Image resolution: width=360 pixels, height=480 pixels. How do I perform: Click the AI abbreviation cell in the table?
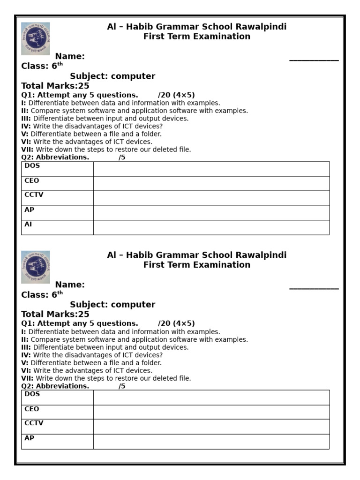(x=57, y=227)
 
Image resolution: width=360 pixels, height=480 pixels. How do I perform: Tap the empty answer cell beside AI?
(x=211, y=227)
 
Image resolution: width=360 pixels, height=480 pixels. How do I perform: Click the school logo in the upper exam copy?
(x=36, y=38)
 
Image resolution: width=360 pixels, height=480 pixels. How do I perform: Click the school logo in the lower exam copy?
(x=36, y=267)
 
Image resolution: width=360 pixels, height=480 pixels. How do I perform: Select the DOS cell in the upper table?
(x=57, y=169)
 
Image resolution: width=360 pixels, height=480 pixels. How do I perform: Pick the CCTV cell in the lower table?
(x=57, y=426)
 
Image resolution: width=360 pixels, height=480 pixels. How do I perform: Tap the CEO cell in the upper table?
(x=57, y=183)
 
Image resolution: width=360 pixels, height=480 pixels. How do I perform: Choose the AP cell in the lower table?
(x=57, y=441)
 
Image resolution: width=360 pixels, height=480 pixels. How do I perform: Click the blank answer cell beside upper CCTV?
(x=211, y=198)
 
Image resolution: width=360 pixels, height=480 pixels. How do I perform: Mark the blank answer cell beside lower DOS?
(x=211, y=397)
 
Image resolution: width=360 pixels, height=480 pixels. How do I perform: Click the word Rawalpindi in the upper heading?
(x=262, y=27)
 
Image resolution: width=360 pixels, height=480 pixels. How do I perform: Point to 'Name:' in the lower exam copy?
(x=70, y=285)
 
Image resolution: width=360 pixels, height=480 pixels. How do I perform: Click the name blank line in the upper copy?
(x=314, y=59)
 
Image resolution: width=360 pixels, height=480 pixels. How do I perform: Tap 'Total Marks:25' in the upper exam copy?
(x=55, y=86)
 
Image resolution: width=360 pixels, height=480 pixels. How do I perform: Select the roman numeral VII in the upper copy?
(x=27, y=150)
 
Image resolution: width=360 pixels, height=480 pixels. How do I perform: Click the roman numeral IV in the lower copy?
(x=26, y=355)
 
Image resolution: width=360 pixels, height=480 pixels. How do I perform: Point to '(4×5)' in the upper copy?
(x=184, y=95)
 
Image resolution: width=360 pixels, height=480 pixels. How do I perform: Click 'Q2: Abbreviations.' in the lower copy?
(x=55, y=386)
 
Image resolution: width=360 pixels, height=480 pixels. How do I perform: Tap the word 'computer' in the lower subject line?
(x=133, y=305)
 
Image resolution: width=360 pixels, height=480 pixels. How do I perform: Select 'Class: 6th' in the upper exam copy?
(x=42, y=66)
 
